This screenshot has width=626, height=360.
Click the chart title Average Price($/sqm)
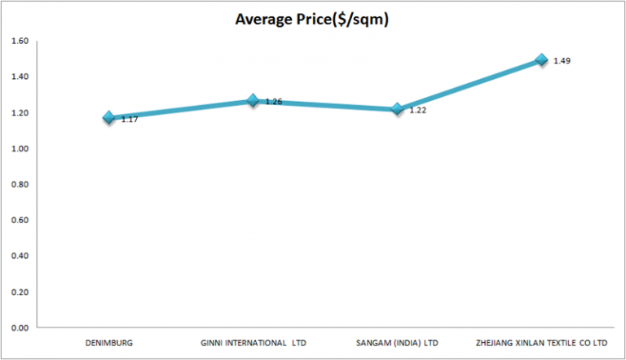coord(311,19)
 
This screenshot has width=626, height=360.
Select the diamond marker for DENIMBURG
coord(108,118)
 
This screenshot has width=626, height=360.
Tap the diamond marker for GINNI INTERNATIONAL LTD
coord(253,101)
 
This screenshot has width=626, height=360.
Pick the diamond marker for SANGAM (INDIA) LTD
coord(397,108)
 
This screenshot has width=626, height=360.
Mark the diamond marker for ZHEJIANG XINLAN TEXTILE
coord(540,59)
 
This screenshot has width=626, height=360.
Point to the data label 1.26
coord(272,102)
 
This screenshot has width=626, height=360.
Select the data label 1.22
coord(417,110)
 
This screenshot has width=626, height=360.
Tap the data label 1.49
coord(561,61)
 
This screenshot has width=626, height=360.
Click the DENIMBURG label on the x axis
coord(108,343)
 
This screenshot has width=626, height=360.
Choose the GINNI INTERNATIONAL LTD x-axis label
coord(253,343)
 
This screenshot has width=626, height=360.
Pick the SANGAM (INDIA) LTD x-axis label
coord(397,343)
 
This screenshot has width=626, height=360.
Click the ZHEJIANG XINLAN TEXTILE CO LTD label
coord(540,343)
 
